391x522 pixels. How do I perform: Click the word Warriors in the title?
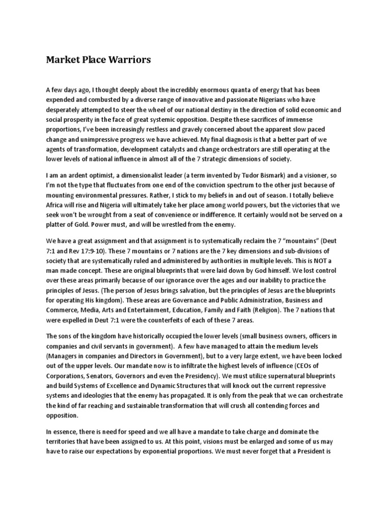(129, 60)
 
